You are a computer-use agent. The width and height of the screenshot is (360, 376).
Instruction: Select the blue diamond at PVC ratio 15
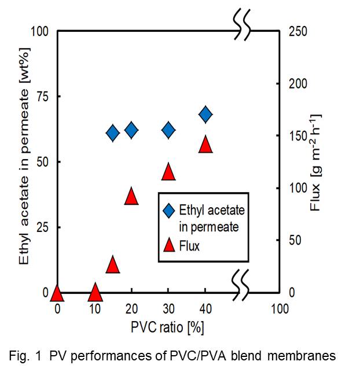113,133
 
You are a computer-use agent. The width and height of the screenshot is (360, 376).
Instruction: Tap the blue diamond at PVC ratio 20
131,130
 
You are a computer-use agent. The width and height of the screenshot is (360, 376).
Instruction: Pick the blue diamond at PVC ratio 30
168,130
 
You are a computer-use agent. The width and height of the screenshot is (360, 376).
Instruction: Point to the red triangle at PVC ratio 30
168,172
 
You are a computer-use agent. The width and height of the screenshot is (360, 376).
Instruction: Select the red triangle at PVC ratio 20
131,196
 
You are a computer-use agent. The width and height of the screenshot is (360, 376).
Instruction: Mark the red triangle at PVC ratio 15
113,264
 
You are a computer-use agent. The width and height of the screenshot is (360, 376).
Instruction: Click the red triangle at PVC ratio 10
94,293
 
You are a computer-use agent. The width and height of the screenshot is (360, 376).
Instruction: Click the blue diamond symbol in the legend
169,210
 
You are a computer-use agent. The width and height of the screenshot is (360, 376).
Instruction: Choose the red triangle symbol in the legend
169,245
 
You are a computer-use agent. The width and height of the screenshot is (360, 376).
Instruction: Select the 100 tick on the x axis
280,309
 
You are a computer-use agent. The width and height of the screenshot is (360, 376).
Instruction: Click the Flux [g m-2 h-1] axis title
316,162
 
